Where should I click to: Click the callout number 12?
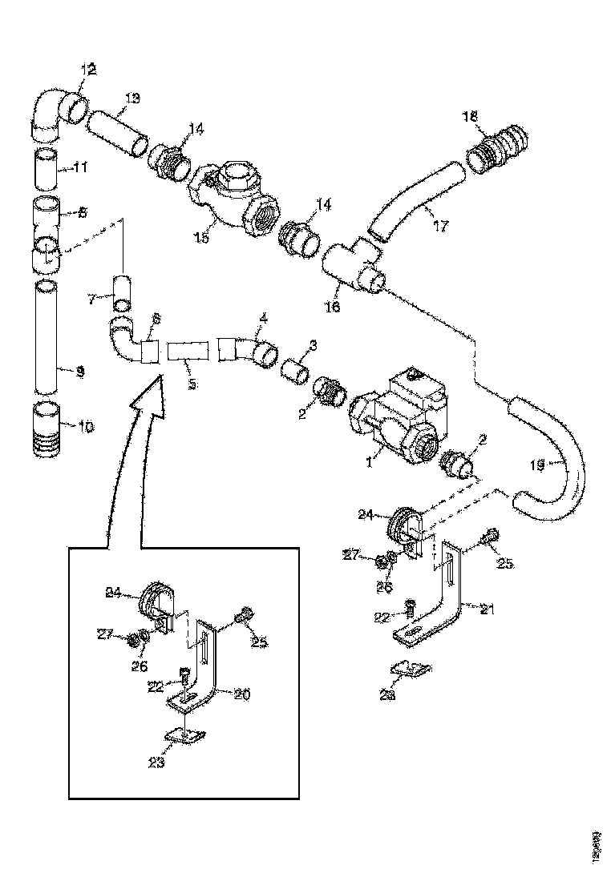(x=87, y=70)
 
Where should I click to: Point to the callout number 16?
(x=334, y=307)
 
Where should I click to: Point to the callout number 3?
(x=313, y=345)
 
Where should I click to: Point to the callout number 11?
(x=81, y=168)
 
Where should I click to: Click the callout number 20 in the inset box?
(x=242, y=694)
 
